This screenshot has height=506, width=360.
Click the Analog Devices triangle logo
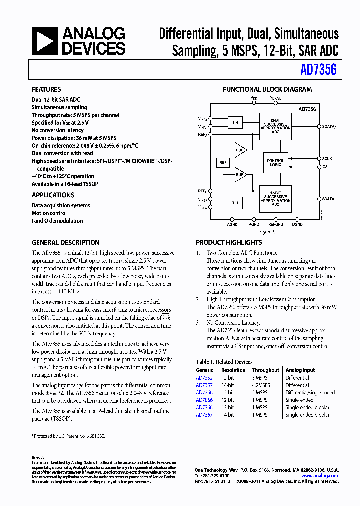click(44, 41)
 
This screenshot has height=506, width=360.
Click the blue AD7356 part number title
click(318, 70)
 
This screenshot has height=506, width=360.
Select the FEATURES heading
click(46, 89)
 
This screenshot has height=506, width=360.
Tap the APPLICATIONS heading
click(53, 195)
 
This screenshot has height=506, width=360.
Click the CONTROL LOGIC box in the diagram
click(275, 163)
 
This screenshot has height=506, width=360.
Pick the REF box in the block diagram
click(223, 162)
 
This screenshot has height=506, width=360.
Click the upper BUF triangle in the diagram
click(240, 149)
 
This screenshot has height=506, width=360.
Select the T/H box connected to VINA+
click(234, 122)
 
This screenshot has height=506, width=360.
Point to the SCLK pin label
click(327, 159)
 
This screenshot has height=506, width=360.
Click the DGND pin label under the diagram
click(297, 225)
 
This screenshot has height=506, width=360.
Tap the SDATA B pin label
click(329, 199)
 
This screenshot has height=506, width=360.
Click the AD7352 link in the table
click(204, 378)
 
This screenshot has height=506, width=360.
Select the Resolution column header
click(233, 370)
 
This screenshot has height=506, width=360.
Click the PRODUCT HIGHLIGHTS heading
click(229, 242)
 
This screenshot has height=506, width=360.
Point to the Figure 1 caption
click(267, 232)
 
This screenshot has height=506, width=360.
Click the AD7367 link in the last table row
click(204, 415)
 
